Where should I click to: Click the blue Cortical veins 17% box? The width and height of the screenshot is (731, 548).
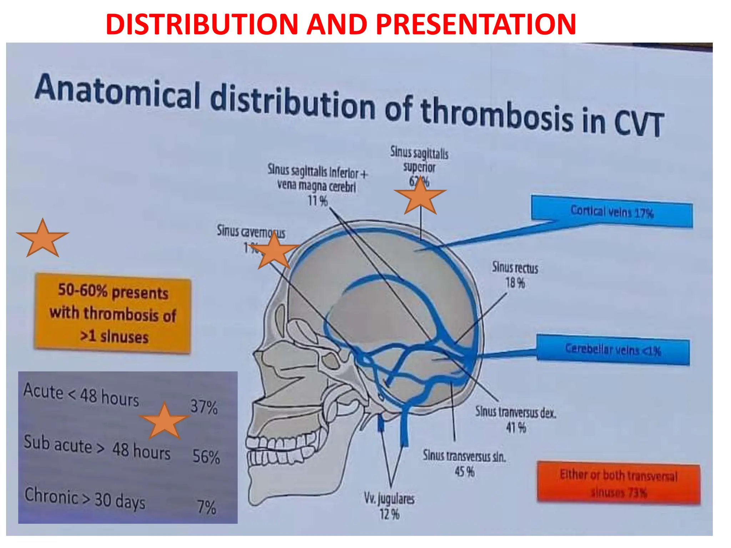pyautogui.click(x=612, y=212)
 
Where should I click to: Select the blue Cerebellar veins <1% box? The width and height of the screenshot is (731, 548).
pyautogui.click(x=613, y=350)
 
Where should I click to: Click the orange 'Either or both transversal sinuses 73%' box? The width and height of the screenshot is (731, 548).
pyautogui.click(x=619, y=483)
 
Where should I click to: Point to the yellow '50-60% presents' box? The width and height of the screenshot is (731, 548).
pyautogui.click(x=113, y=313)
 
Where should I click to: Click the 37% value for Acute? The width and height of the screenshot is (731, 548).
pyautogui.click(x=204, y=407)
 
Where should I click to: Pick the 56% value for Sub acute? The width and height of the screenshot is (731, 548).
pyautogui.click(x=206, y=457)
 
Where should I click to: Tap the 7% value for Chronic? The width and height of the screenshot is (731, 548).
pyautogui.click(x=207, y=507)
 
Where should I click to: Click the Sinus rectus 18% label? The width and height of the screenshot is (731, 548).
pyautogui.click(x=515, y=275)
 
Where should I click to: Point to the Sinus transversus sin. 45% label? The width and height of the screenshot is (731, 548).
pyautogui.click(x=464, y=463)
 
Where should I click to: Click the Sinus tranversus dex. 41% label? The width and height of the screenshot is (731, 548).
pyautogui.click(x=515, y=420)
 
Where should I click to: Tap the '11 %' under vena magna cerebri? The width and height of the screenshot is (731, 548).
pyautogui.click(x=318, y=201)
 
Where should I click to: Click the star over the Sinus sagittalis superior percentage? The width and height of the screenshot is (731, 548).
pyautogui.click(x=420, y=197)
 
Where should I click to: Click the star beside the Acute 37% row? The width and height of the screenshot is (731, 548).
pyautogui.click(x=164, y=421)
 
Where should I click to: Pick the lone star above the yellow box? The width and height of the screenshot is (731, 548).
pyautogui.click(x=42, y=239)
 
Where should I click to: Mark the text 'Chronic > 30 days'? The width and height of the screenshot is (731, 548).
pyautogui.click(x=85, y=498)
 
